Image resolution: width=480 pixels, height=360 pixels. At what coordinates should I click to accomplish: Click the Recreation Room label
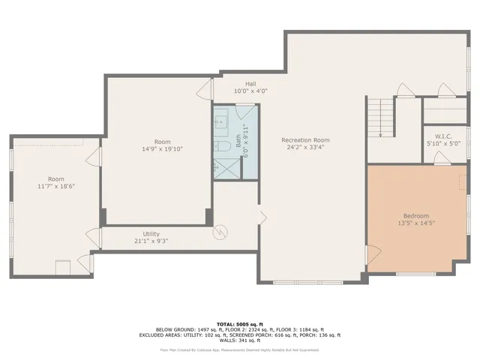(x=305, y=140)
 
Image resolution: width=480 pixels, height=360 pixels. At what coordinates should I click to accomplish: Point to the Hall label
(x=250, y=83)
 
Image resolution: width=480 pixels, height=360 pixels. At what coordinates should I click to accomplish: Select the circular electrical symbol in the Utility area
(x=220, y=232)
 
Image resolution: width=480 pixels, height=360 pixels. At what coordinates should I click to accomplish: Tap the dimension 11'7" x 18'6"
(x=56, y=186)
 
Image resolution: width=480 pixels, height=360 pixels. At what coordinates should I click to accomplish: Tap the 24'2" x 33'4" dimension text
(x=305, y=148)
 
